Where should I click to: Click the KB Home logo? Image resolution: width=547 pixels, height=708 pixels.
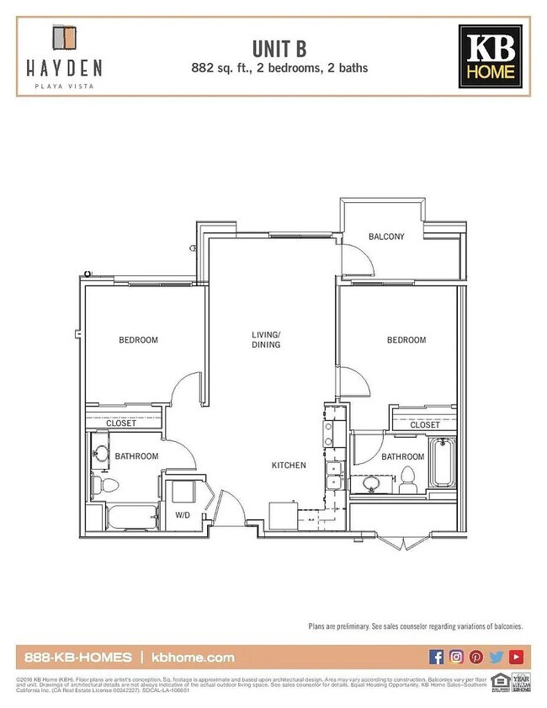[x=490, y=56]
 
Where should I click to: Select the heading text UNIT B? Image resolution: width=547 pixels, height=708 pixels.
[x=273, y=47]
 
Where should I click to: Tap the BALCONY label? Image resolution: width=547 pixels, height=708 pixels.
[x=386, y=237]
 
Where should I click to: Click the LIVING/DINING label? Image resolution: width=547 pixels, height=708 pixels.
[x=266, y=339]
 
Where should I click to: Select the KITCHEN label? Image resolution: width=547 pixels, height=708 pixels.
[x=288, y=466]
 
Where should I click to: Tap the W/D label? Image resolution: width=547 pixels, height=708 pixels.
[x=183, y=514]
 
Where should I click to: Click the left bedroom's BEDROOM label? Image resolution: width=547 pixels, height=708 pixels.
[x=138, y=340]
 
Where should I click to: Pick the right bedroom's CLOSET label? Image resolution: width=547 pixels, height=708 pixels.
[x=424, y=425]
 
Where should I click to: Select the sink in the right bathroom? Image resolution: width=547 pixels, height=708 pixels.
[x=369, y=483]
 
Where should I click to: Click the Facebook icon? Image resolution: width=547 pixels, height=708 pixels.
[x=436, y=657]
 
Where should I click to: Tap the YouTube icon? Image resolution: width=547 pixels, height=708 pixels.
[x=516, y=657]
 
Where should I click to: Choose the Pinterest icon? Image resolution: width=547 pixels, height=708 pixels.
[x=476, y=657]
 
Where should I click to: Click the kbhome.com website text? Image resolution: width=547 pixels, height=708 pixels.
[x=194, y=657]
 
